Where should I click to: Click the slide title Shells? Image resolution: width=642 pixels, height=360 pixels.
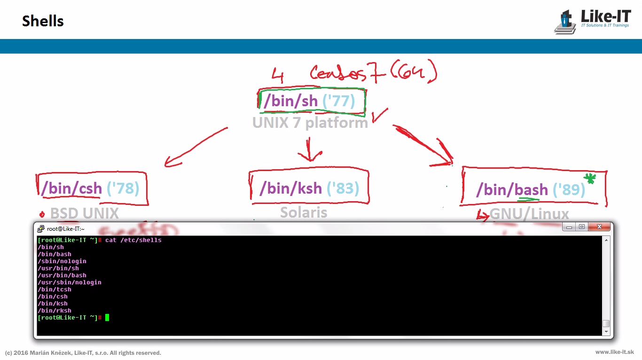point(43,21)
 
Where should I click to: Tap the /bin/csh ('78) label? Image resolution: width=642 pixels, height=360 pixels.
point(90,188)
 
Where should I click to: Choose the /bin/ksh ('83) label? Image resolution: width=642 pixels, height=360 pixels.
point(309,188)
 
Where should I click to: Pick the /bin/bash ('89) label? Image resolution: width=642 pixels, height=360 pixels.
point(531,190)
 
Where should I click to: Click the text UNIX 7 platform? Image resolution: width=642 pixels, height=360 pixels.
point(310,123)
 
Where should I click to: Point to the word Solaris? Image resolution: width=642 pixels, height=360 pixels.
point(304,212)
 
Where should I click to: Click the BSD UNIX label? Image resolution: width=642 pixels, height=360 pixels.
point(84,213)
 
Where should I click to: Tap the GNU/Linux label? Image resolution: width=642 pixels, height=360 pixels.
point(529,214)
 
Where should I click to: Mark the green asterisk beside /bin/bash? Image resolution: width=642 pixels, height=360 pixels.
point(589,178)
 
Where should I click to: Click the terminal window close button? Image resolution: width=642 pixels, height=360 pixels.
point(599,227)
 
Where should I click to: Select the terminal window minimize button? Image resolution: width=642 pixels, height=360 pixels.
point(570,227)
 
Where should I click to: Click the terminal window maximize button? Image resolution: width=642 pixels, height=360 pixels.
point(582,227)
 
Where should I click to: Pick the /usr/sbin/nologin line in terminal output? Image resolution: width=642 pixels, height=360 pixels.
point(70,282)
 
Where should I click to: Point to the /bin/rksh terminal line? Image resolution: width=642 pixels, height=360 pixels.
point(55,311)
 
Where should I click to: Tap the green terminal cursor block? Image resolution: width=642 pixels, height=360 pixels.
point(107,318)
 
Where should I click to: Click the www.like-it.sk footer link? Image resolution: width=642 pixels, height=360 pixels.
point(614,352)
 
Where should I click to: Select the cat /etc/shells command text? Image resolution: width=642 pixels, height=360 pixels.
point(133,240)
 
